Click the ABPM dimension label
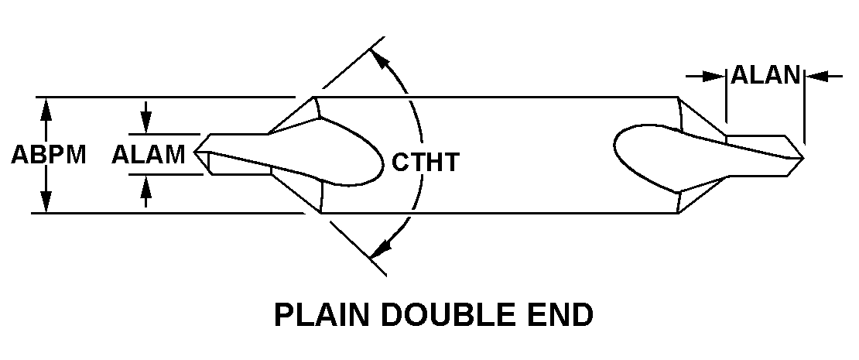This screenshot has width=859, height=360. click(48, 155)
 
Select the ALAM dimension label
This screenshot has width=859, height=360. click(148, 155)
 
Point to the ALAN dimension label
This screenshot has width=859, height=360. click(765, 75)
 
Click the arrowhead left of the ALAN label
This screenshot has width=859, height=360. click(717, 76)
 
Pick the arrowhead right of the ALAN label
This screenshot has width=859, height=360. click(813, 76)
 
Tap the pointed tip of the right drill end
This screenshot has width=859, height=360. click(803, 159)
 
